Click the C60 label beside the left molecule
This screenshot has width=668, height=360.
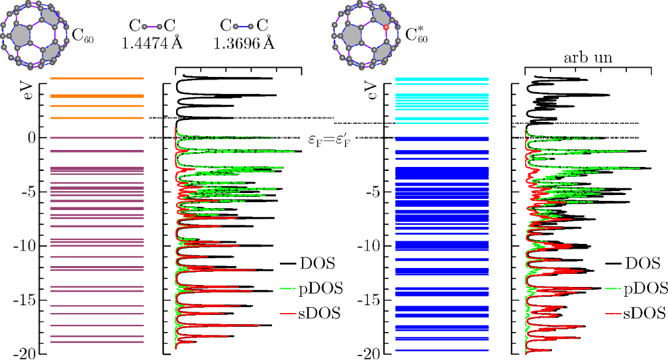pos(83,36)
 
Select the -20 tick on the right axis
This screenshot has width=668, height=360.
pos(367,353)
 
